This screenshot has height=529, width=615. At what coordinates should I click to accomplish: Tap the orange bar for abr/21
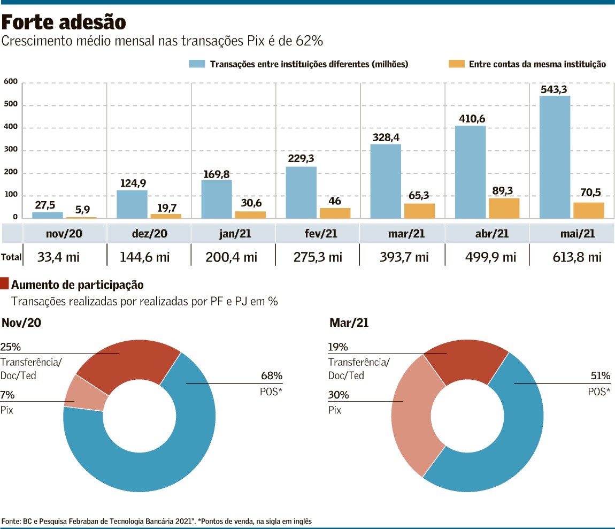tap(504, 208)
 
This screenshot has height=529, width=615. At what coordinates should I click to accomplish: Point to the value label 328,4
tap(386, 137)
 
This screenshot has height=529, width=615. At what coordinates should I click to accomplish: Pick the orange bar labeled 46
tap(335, 213)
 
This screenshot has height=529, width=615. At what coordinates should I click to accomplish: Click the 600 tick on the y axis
tap(11, 82)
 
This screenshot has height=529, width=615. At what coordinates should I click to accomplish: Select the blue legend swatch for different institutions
tap(197, 64)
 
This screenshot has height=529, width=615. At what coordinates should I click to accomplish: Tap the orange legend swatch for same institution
tap(456, 64)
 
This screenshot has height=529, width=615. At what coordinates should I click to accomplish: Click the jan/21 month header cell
tap(234, 234)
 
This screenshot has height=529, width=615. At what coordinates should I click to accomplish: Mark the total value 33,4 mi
tap(58, 257)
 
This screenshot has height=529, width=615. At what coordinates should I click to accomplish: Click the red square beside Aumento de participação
tap(5, 284)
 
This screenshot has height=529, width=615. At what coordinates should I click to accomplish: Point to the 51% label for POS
tap(600, 375)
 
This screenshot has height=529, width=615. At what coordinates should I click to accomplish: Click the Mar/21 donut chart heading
tap(348, 323)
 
